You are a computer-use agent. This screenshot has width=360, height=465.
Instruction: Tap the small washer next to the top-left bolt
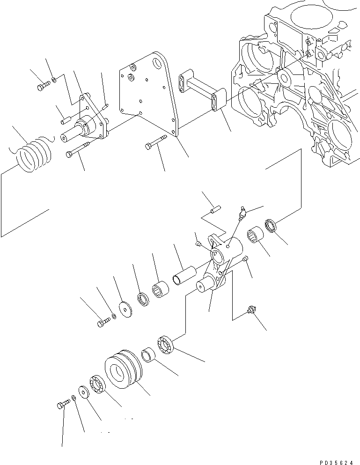55,80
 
